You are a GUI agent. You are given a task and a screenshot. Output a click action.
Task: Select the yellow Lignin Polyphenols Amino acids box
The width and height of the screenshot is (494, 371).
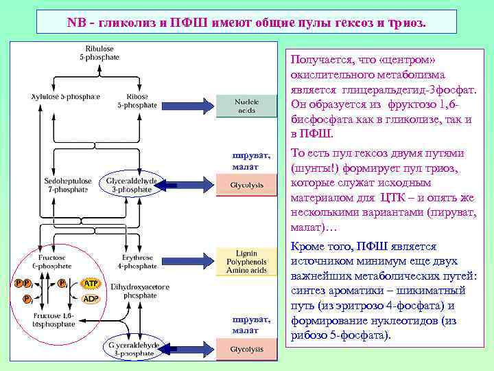246,262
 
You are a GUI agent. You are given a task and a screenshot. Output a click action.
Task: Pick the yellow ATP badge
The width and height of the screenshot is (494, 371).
90,283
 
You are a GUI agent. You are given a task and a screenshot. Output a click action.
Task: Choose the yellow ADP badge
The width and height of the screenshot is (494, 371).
90,299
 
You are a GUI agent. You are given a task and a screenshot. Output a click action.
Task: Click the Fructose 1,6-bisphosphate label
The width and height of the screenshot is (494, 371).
51,319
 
